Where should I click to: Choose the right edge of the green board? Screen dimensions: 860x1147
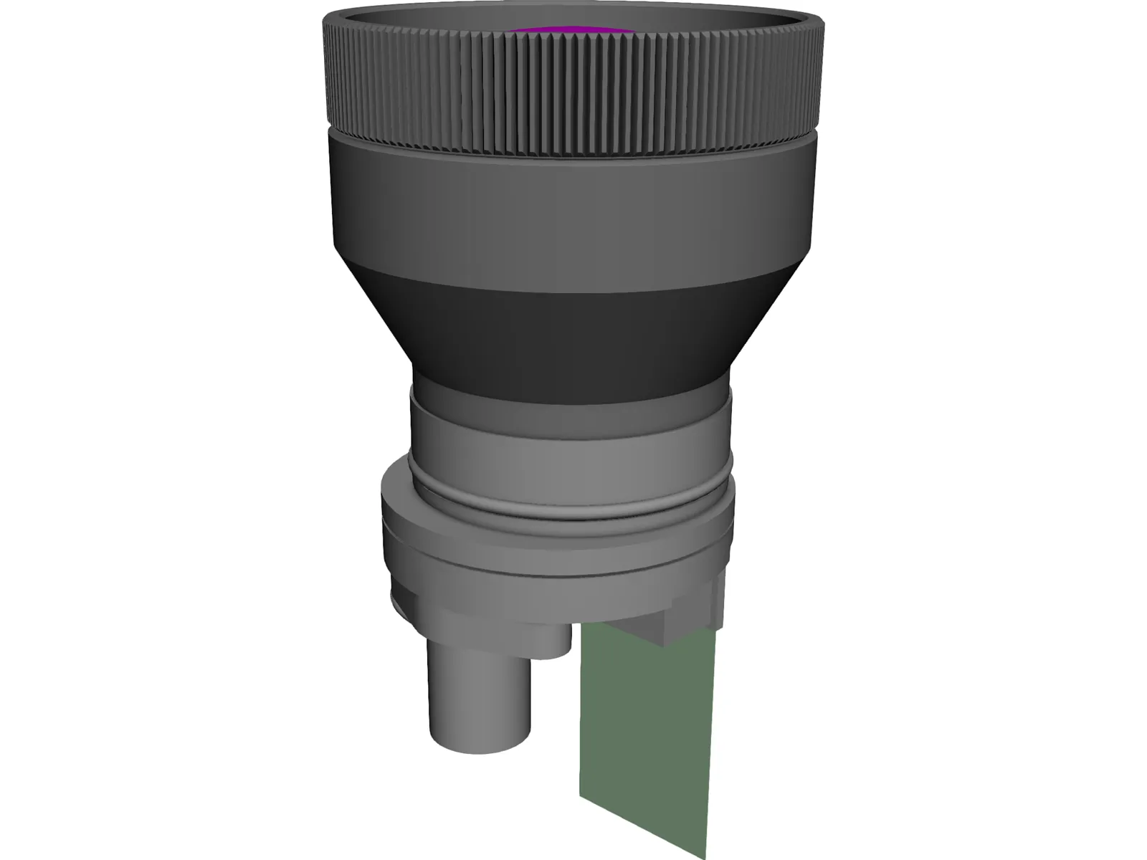pos(711,731)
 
